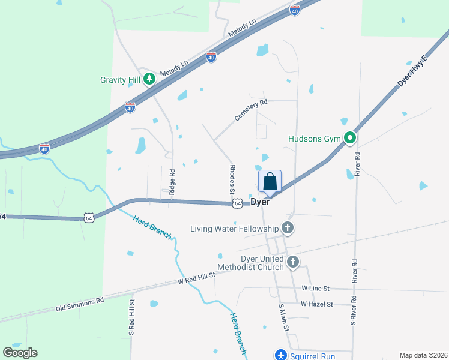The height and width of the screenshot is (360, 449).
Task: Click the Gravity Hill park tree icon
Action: point(149,80)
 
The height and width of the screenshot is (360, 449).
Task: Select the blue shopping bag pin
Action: point(270,181)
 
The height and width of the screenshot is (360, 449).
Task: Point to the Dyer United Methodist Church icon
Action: point(293,262)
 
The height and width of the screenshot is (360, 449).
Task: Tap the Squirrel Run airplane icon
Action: point(280,355)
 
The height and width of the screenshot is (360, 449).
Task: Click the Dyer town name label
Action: point(260,203)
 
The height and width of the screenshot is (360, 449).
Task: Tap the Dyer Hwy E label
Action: point(411,70)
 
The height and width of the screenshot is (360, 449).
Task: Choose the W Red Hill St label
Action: point(196,278)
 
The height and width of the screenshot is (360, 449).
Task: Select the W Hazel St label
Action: point(317,304)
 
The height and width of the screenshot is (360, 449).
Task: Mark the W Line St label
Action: point(317,289)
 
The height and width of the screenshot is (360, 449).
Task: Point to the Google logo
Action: point(20,353)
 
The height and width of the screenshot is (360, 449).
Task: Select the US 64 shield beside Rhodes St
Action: point(238,204)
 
